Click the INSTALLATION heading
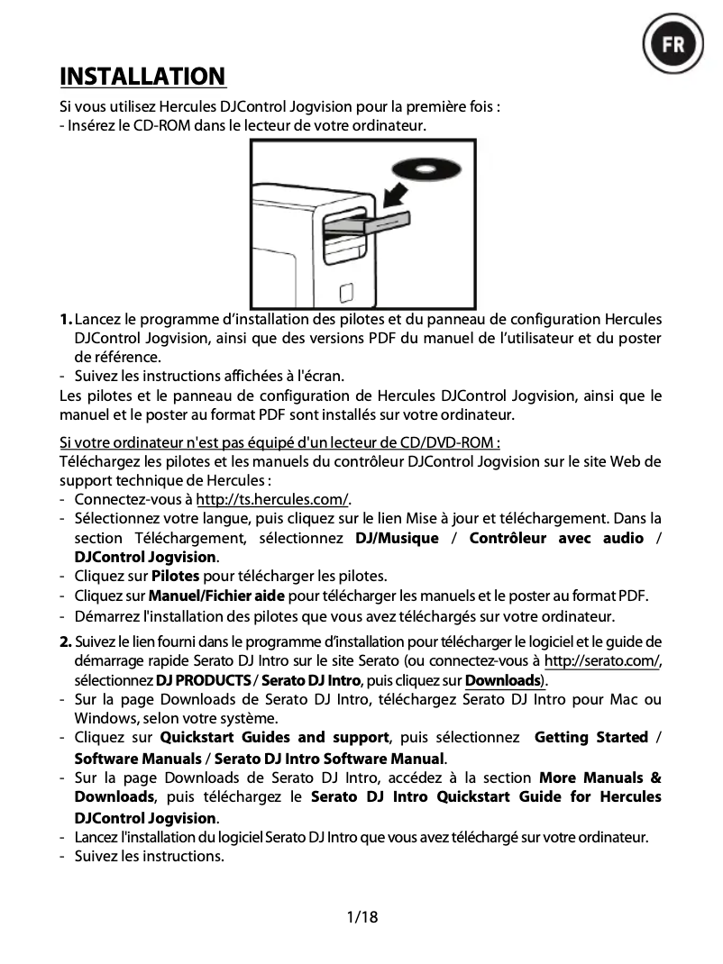coord(142,76)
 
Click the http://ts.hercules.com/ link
coord(272,500)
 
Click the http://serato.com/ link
coord(602,661)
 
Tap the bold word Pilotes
coord(175,576)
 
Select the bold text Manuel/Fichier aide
coord(216,596)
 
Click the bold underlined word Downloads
coord(501,680)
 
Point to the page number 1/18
coord(361,917)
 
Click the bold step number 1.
coord(66,320)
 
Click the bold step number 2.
coord(66,641)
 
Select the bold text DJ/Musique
coord(397,538)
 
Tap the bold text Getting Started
coord(591,738)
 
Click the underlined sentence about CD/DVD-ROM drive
coord(279,442)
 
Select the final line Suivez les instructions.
coord(149,856)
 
